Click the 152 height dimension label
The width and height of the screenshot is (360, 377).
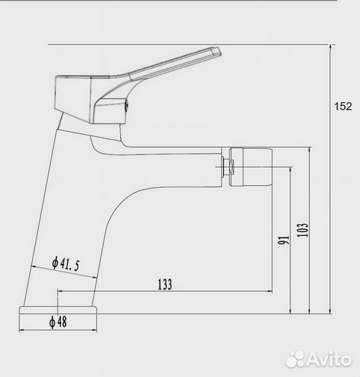click(x=343, y=106)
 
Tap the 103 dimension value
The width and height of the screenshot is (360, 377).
click(x=303, y=230)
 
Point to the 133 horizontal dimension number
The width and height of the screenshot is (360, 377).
click(x=165, y=284)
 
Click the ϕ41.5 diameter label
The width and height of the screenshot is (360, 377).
click(x=66, y=263)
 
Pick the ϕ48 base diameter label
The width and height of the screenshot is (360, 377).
click(x=58, y=322)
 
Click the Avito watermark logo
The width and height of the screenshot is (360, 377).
click(x=319, y=360)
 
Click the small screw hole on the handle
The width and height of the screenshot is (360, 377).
click(x=127, y=106)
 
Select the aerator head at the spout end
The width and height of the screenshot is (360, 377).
click(x=251, y=167)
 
